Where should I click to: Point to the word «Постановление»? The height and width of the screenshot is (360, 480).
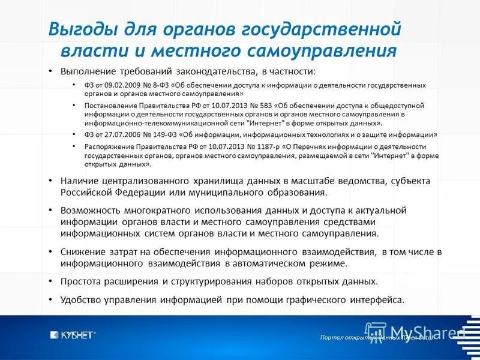tap(110, 105)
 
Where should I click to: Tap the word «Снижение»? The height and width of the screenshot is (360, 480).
tap(82, 251)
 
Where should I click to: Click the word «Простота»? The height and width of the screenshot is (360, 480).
tap(82, 281)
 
